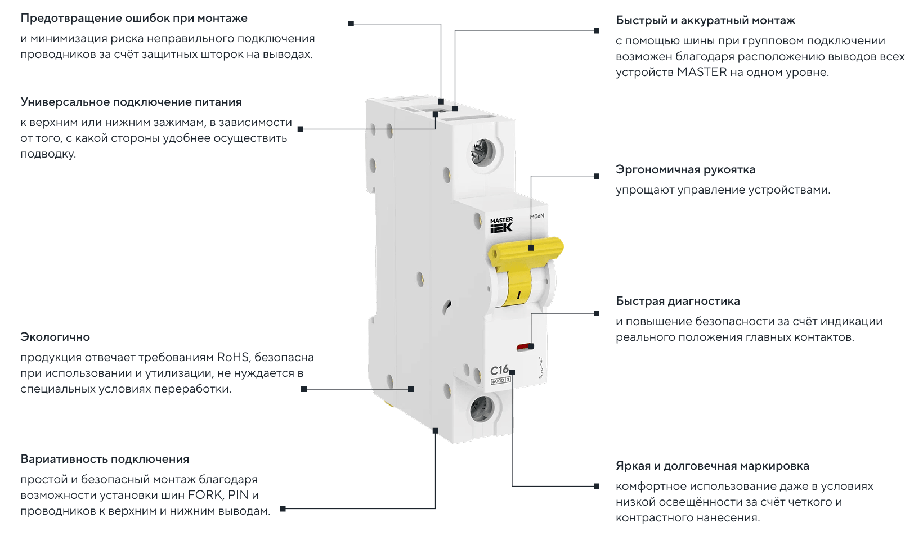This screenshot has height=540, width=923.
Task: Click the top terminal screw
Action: tap(482, 152)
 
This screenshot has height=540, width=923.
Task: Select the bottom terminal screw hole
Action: tap(482, 408)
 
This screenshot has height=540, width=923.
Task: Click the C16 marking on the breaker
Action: tap(499, 370)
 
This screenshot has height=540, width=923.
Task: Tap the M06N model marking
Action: tap(537, 216)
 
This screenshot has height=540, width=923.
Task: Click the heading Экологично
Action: tap(55, 337)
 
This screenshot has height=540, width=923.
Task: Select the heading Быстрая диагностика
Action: tap(678, 301)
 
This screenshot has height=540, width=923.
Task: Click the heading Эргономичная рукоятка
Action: tap(685, 169)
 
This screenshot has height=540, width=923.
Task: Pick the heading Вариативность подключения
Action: tap(105, 459)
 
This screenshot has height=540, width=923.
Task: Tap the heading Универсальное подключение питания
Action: tap(131, 102)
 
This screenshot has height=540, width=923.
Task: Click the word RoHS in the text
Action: tap(233, 357)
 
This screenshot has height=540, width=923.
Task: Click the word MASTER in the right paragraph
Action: tap(702, 72)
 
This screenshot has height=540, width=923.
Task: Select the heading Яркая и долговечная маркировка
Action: tap(713, 466)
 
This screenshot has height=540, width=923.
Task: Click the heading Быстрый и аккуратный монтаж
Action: tap(705, 20)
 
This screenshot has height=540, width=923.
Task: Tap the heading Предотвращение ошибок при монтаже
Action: tap(134, 18)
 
